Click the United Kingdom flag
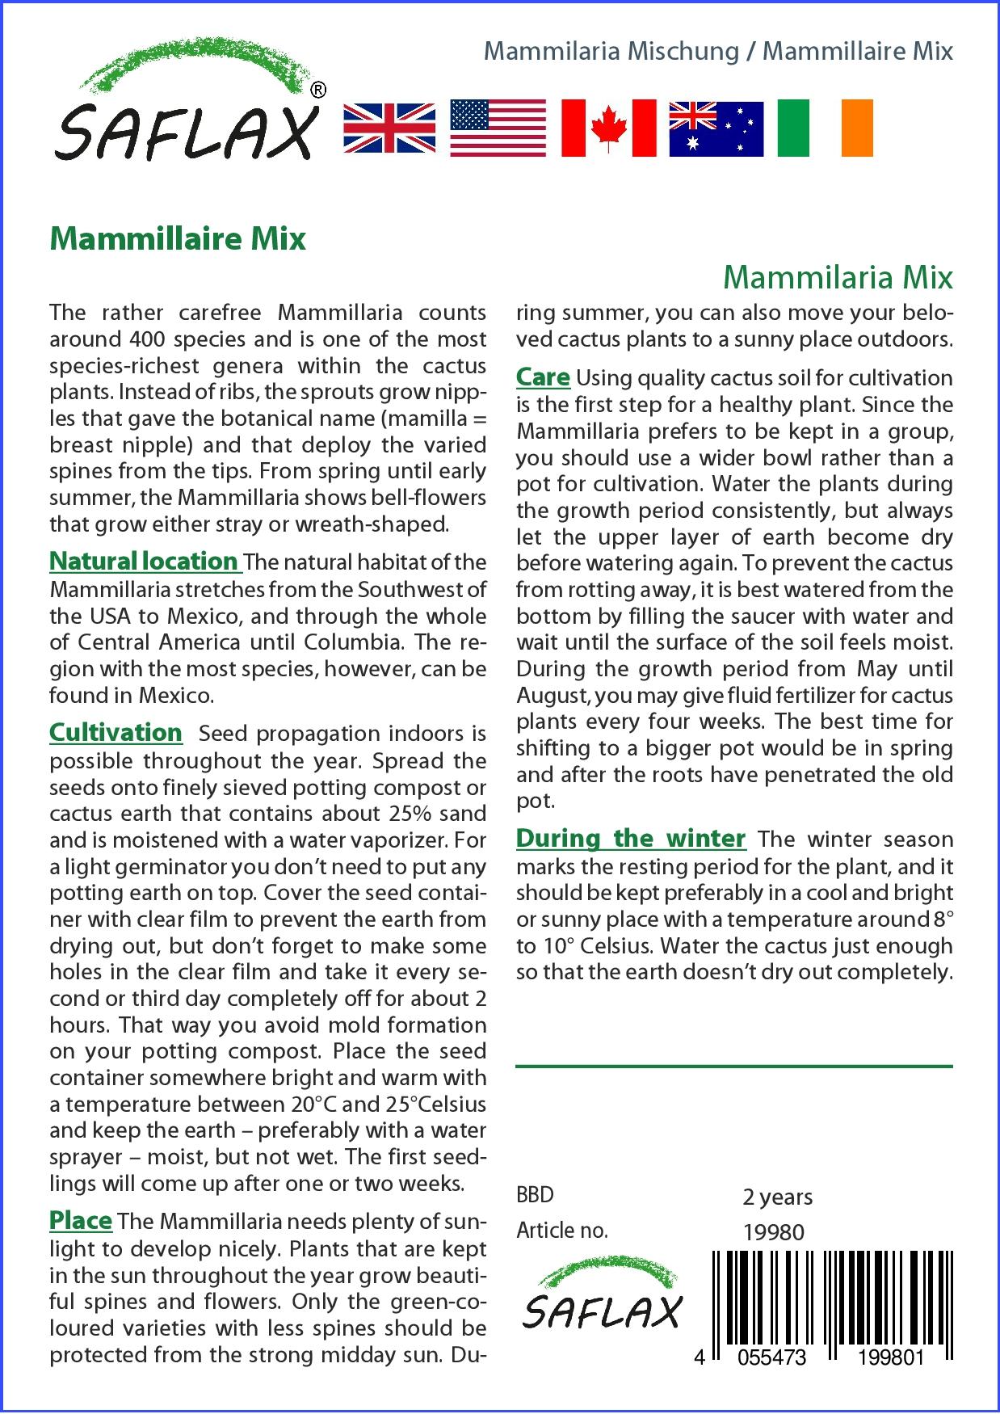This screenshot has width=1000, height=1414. [x=389, y=128]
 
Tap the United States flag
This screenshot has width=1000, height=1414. [x=498, y=128]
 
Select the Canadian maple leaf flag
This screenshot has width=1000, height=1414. [x=608, y=128]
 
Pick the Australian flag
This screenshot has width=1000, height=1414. [x=716, y=128]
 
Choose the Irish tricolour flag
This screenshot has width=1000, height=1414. [x=825, y=128]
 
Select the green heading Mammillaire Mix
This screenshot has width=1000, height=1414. [x=178, y=239]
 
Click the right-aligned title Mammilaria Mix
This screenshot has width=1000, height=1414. [x=838, y=277]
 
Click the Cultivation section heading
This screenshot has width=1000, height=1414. [x=116, y=732]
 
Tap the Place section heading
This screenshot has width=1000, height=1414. [x=80, y=1220]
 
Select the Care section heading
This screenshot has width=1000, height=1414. [x=543, y=377]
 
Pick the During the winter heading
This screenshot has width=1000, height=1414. [x=630, y=838]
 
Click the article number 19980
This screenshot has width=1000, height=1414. [x=773, y=1232]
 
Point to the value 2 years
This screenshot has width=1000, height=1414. [x=777, y=1197]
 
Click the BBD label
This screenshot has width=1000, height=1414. [x=535, y=1195]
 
